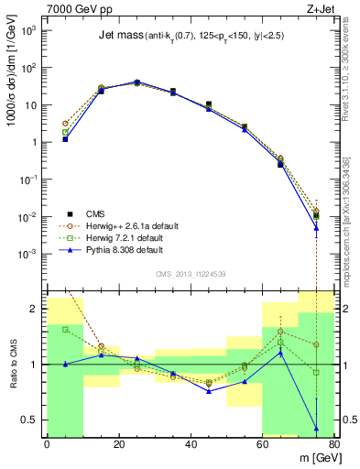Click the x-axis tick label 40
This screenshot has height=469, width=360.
(191, 444)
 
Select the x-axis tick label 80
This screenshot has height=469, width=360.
(334, 444)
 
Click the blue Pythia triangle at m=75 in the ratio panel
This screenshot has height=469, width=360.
(316, 428)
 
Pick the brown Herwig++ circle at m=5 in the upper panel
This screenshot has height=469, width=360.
(65, 124)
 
